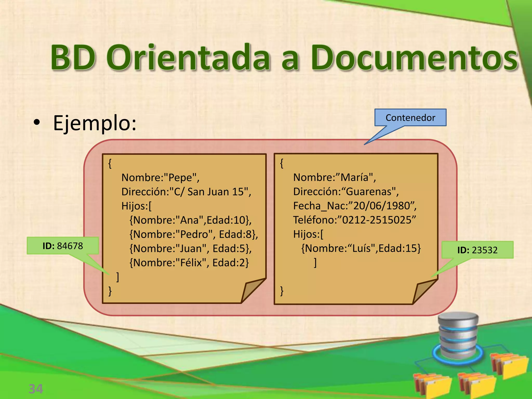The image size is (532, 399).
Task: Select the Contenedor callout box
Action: [410, 118]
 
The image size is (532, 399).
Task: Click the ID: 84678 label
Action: [63, 246]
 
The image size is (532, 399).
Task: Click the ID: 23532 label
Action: [477, 250]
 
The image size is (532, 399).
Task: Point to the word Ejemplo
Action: [95, 123]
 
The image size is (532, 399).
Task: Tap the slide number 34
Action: [36, 389]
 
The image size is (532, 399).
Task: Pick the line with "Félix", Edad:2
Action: [189, 263]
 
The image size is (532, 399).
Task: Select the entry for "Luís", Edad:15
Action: [361, 248]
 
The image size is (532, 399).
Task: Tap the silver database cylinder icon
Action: [458, 335]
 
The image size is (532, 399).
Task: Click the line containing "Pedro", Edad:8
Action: [194, 234]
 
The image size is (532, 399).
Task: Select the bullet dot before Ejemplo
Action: [37, 122]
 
